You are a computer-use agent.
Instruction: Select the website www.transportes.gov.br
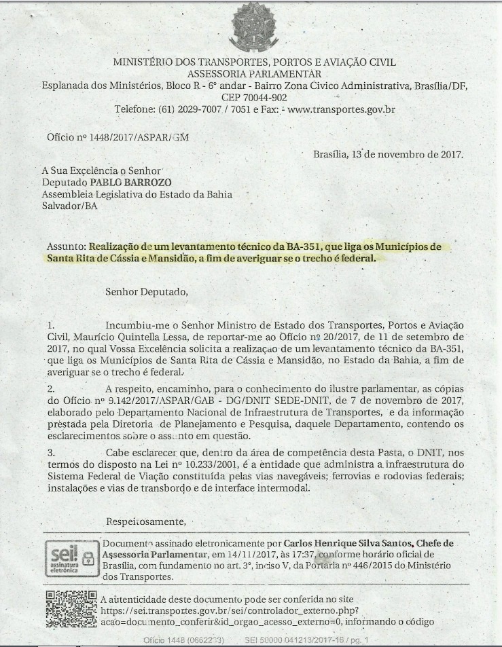pos(342,109)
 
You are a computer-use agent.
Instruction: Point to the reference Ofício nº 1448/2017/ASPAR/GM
pos(118,137)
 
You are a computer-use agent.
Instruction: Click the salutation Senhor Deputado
pos(145,293)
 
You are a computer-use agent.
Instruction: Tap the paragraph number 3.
pos(51,453)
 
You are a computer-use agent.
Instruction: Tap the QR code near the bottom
pos(71,609)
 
